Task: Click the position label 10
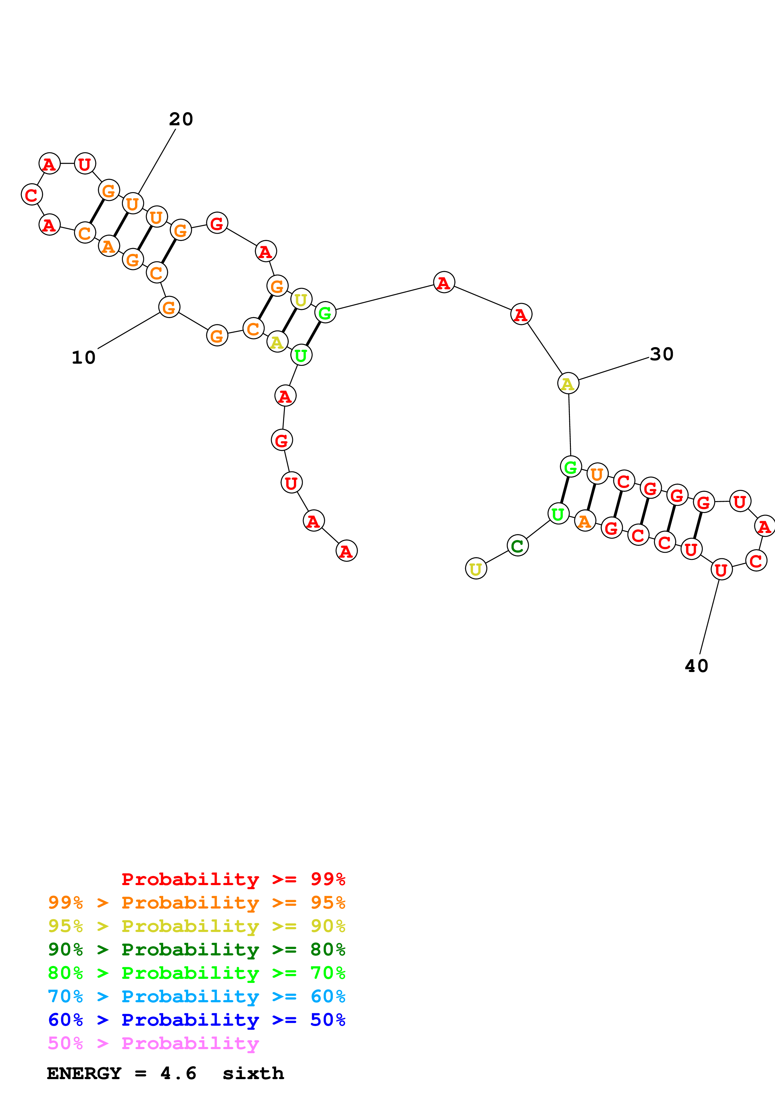click(x=83, y=357)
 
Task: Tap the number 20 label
click(x=181, y=119)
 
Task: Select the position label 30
click(x=661, y=354)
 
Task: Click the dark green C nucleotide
click(x=517, y=546)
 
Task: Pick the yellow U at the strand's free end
click(x=476, y=569)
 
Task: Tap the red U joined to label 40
click(x=721, y=570)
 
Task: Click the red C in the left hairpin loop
click(x=32, y=195)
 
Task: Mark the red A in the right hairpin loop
click(x=764, y=526)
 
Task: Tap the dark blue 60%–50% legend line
click(x=196, y=1020)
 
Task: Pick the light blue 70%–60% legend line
click(x=196, y=997)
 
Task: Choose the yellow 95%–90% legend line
click(x=196, y=926)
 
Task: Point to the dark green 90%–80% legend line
click(x=196, y=949)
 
